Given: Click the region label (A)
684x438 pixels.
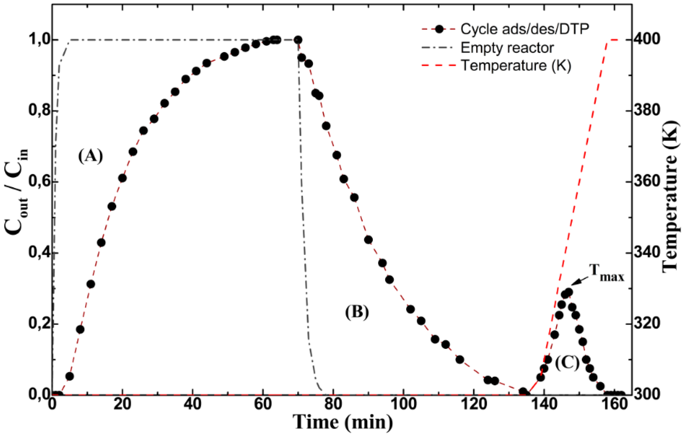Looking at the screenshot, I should (91, 156).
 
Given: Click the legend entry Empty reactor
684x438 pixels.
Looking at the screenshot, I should (507, 48).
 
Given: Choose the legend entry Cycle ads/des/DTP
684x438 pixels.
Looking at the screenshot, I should (525, 29).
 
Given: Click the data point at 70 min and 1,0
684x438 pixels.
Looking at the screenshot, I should (298, 40).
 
